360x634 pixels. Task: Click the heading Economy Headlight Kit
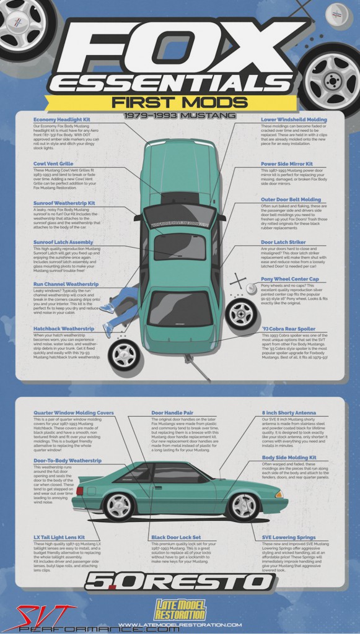(x=61, y=119)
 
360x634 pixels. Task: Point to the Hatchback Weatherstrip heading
(x=64, y=329)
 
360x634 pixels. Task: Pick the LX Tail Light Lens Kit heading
(x=59, y=538)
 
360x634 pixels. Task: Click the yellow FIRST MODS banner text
(x=179, y=102)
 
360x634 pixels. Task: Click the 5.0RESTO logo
(x=179, y=582)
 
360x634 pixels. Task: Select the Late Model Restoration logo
(x=179, y=610)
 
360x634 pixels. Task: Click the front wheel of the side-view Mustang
(x=244, y=506)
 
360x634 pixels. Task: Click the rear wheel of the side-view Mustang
(x=118, y=506)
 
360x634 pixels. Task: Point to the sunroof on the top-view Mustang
(x=179, y=246)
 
